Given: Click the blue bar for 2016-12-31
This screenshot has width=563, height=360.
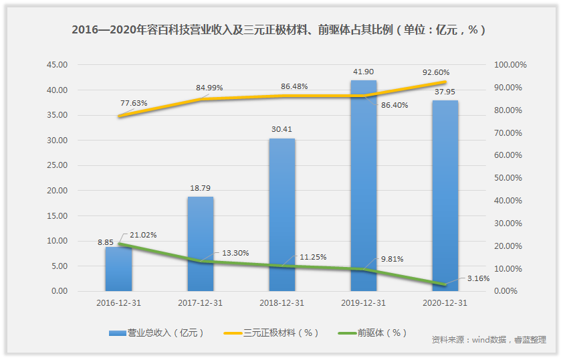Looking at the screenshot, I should (118, 269).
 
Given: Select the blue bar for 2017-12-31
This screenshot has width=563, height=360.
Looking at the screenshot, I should (201, 244).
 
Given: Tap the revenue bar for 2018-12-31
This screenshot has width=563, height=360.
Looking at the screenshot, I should (282, 215).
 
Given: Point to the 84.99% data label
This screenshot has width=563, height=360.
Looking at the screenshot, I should (209, 88).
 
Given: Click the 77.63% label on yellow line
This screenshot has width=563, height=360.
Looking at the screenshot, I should (134, 103).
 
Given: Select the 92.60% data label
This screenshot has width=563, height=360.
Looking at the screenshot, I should (436, 72).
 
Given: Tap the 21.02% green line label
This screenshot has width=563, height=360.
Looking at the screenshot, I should (142, 234).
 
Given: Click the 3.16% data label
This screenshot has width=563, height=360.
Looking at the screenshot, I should (477, 278).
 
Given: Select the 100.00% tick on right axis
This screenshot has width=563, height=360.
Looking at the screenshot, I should (510, 65).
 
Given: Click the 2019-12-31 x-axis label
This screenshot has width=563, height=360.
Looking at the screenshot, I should (364, 303).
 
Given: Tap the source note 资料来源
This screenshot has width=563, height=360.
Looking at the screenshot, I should (489, 340).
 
